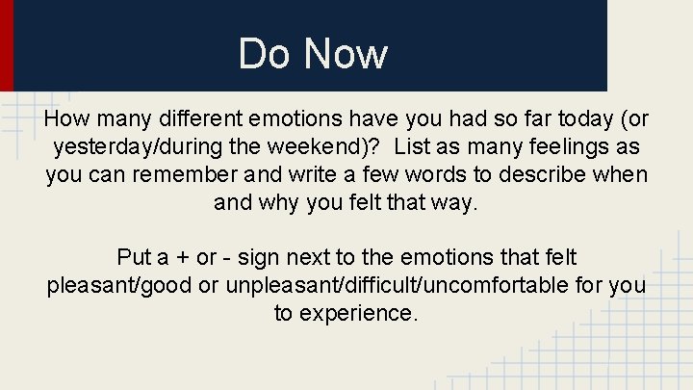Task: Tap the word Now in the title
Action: click(x=346, y=54)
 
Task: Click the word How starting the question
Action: click(x=64, y=119)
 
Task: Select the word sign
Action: click(x=260, y=258)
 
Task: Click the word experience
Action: click(x=361, y=315)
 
